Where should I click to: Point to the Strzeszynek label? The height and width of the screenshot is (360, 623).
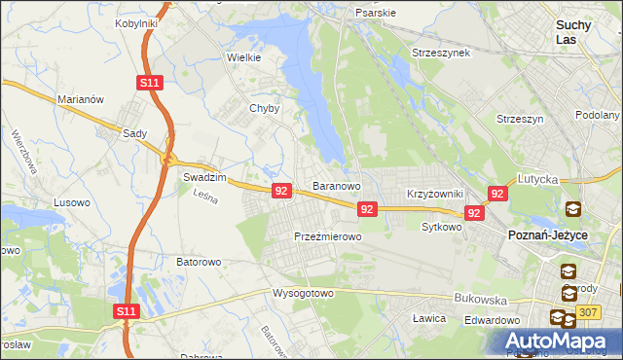pos(441,52)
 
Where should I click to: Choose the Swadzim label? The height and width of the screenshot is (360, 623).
pos(204,178)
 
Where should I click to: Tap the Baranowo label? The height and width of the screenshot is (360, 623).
pos(337,185)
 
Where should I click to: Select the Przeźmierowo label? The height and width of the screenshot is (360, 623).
pos(328,236)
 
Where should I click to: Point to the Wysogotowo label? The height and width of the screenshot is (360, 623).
pos(303,292)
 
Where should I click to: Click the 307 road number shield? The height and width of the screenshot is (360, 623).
pos(586,311)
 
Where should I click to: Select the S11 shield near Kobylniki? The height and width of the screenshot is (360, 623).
pos(149,84)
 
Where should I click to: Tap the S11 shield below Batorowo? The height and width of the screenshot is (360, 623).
pos(127,311)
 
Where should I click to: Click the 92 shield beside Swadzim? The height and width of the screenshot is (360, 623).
pos(281,191)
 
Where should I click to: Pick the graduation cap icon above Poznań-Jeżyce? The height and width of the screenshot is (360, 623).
pos(573,209)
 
